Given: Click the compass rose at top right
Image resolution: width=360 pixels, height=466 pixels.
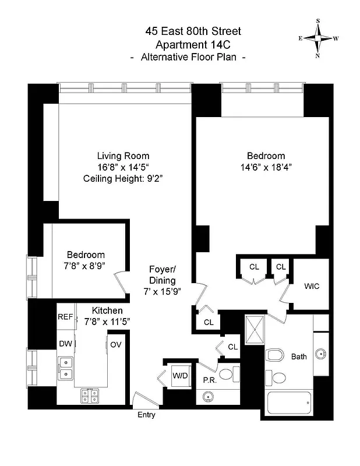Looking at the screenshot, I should pyautogui.click(x=319, y=38).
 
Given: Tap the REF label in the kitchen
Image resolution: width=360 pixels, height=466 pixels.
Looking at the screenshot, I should pyautogui.click(x=65, y=317).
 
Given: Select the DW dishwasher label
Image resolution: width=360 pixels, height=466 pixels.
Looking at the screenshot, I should pyautogui.click(x=65, y=344).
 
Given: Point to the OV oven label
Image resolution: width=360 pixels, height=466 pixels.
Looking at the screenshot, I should pyautogui.click(x=115, y=344).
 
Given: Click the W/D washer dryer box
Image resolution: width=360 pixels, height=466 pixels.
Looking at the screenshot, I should pyautogui.click(x=179, y=376).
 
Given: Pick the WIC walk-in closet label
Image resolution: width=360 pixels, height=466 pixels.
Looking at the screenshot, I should pyautogui.click(x=312, y=287).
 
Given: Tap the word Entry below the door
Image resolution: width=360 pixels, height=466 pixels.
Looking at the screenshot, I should pyautogui.click(x=146, y=415).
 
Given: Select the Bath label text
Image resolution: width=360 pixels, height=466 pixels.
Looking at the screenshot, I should pyautogui.click(x=299, y=356).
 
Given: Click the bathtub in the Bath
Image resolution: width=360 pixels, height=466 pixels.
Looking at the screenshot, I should pyautogui.click(x=288, y=403).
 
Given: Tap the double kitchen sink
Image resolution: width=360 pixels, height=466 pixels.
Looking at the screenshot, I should pyautogui.click(x=65, y=369).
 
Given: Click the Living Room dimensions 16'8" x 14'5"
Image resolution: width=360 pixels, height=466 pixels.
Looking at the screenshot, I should pyautogui.click(x=123, y=167).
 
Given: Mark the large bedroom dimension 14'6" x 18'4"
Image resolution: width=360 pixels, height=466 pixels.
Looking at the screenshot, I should pyautogui.click(x=266, y=167).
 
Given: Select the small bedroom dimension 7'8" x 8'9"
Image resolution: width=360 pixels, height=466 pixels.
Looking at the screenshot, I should pyautogui.click(x=86, y=266).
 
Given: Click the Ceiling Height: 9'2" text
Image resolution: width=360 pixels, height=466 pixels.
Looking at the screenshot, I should pyautogui.click(x=123, y=178).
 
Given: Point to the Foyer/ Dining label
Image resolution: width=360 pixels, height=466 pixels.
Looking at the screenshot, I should pyautogui.click(x=162, y=275).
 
